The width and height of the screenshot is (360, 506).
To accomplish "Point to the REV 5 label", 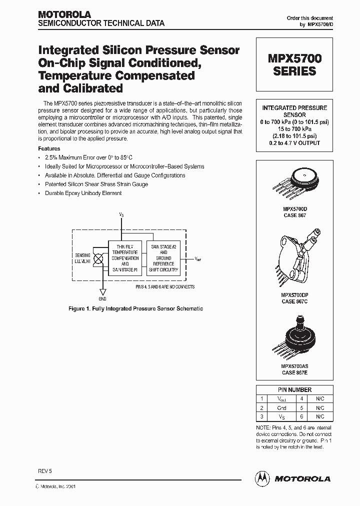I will [45, 471].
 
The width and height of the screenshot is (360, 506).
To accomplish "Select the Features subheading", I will [49, 148].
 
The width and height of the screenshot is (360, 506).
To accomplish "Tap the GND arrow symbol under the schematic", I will [102, 292].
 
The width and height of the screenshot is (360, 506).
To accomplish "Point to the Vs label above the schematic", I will [121, 214].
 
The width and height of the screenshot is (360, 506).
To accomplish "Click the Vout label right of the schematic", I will [198, 259].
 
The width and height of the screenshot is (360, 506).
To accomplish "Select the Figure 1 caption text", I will [135, 308].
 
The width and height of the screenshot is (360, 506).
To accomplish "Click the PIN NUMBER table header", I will [294, 389].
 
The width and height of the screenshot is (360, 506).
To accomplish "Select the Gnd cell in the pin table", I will [282, 407].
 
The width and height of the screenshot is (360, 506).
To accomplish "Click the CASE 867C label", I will [294, 301].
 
